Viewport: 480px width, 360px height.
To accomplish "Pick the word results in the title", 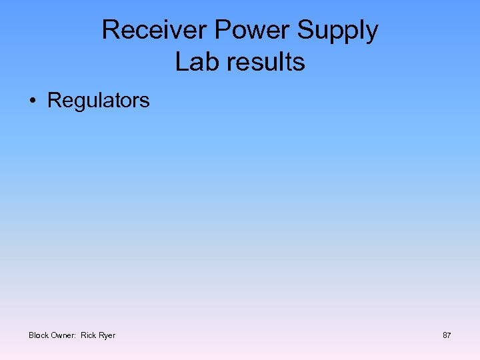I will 265,61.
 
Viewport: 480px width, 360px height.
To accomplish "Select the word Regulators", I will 99,101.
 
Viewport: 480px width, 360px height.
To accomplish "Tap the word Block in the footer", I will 39,335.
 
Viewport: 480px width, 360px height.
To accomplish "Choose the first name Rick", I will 89,335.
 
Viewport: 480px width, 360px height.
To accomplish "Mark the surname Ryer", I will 107,335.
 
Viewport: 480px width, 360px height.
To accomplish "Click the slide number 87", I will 447,335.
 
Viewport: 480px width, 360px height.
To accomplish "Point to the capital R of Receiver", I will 111,30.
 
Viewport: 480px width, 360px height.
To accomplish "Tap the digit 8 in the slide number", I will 445,335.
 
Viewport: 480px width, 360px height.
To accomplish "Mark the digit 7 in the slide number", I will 449,335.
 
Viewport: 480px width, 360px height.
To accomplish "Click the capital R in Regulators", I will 54,101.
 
